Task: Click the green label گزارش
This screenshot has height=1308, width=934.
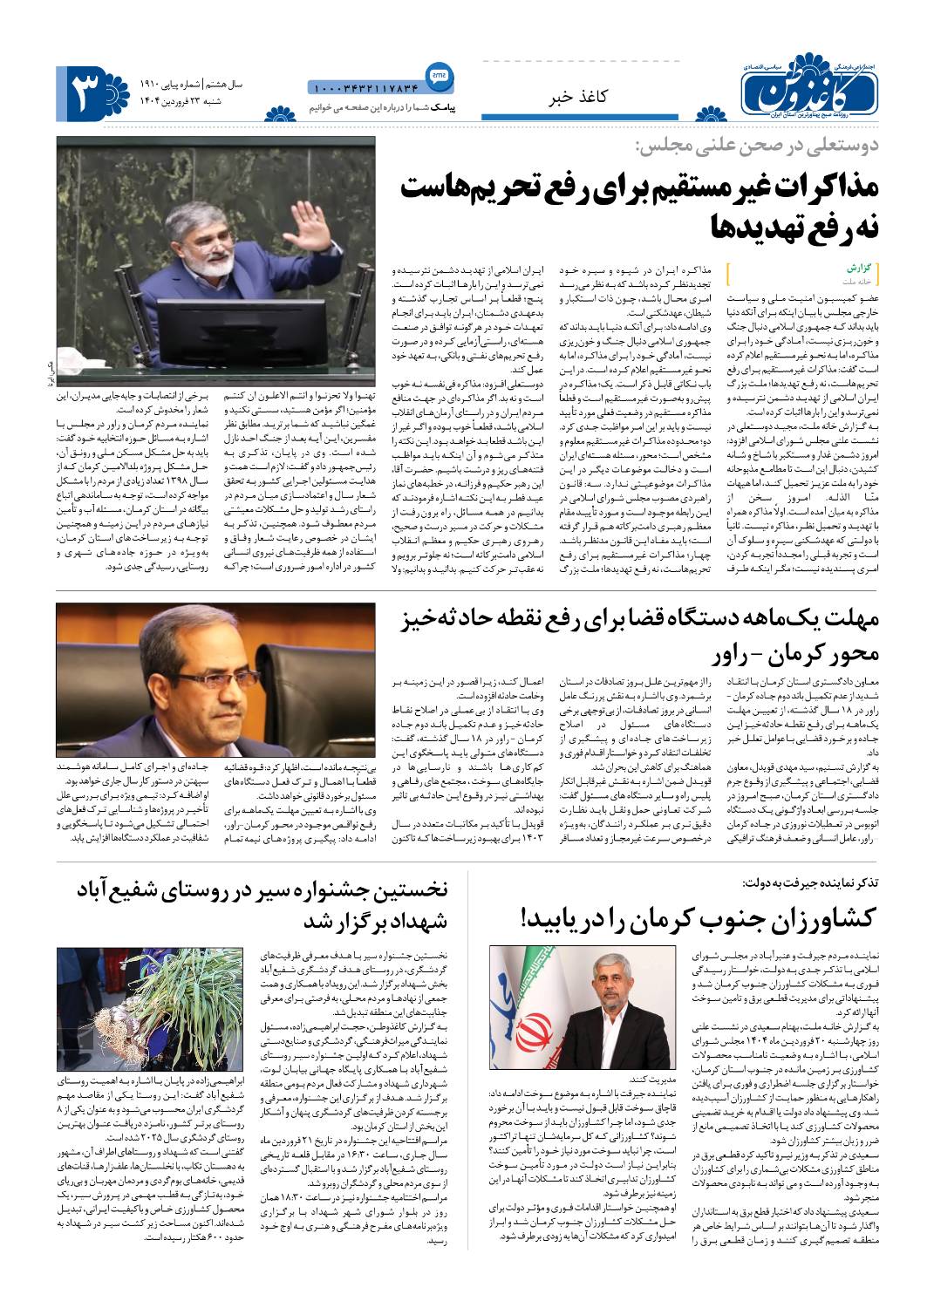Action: pos(859,269)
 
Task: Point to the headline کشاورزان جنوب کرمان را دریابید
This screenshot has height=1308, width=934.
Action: pos(702,917)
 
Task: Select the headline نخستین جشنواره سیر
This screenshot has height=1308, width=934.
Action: pos(262,889)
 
